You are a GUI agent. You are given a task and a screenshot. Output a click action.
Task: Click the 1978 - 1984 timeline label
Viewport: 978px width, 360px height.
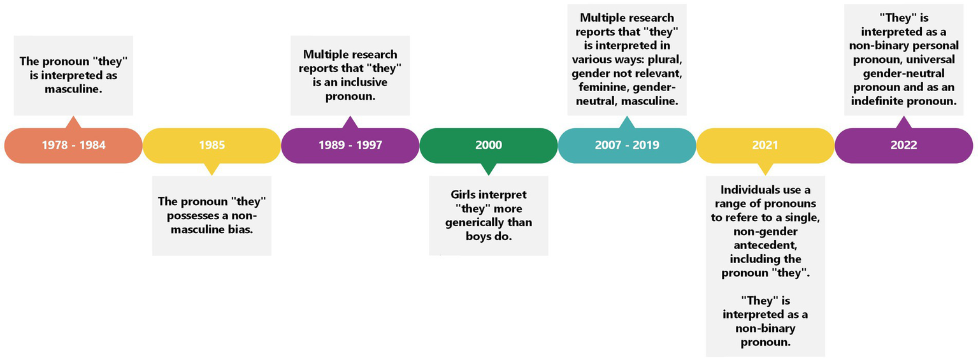point(73,145)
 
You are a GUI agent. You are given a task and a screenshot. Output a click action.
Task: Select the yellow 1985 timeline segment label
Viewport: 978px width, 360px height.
point(212,145)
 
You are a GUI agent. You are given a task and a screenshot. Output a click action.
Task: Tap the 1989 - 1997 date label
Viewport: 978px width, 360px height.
point(350,145)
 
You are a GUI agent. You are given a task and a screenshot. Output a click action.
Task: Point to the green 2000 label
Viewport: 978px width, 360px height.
point(489,145)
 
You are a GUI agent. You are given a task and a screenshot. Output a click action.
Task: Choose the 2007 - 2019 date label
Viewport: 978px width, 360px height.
point(627,145)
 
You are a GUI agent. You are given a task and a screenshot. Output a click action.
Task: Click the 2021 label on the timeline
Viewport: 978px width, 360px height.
point(765,145)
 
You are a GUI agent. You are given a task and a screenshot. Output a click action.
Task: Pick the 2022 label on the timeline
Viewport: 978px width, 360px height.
point(904,145)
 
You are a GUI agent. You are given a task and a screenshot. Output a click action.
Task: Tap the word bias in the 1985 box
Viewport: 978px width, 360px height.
point(241,229)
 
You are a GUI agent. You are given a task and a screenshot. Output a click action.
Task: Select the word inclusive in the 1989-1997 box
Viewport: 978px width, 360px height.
point(363,82)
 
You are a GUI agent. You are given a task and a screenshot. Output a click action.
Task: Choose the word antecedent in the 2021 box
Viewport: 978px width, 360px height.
point(765,245)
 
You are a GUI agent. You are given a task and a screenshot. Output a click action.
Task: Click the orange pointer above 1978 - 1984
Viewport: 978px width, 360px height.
point(73,122)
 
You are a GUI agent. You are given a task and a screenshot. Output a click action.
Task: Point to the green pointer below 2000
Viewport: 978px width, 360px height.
point(489,169)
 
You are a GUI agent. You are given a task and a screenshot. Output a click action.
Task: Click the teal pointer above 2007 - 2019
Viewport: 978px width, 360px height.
point(627,122)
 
